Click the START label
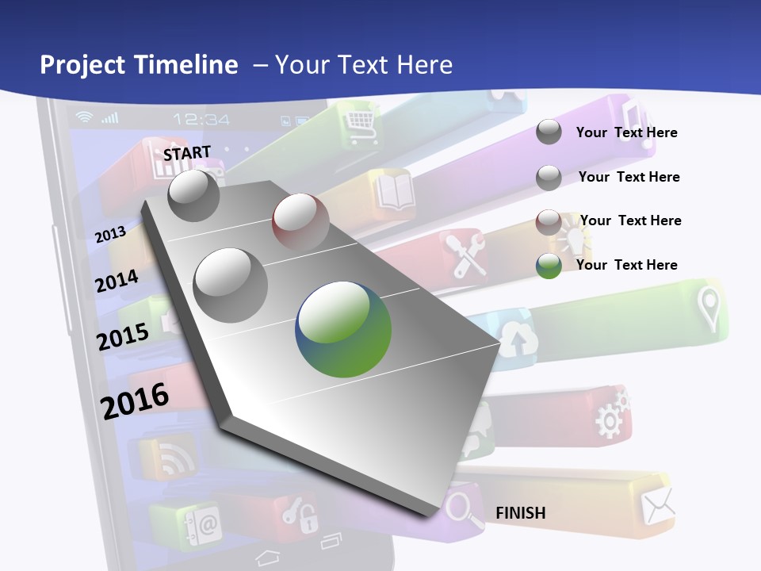(187, 153)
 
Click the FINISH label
(521, 513)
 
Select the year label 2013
(110, 234)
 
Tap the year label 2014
(117, 281)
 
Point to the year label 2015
(122, 337)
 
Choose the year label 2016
(135, 400)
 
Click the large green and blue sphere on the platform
(344, 329)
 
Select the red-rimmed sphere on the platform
(300, 222)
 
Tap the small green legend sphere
(549, 266)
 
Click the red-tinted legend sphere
(549, 221)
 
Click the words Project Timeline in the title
(139, 65)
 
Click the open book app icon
(396, 191)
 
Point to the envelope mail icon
(658, 504)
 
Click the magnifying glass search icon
(463, 508)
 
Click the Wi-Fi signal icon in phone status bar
(84, 117)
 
